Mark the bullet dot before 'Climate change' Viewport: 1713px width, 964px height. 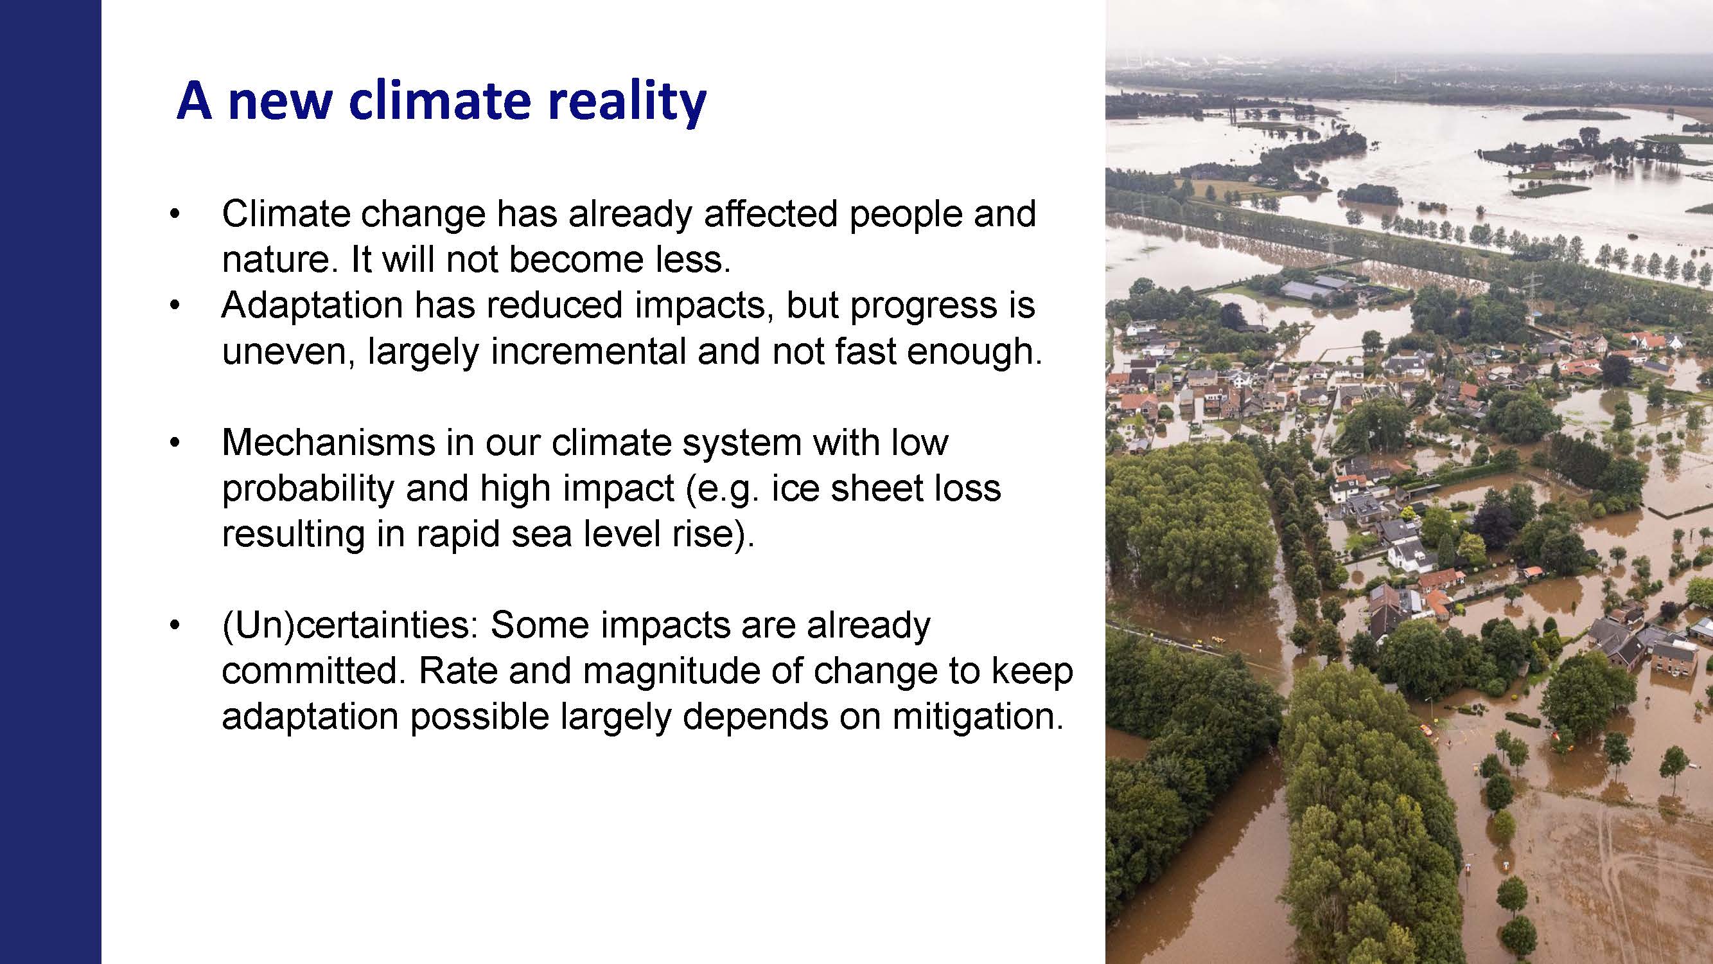click(x=174, y=214)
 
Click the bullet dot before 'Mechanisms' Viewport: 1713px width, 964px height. click(x=174, y=443)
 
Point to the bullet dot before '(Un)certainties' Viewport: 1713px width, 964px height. click(x=174, y=626)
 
